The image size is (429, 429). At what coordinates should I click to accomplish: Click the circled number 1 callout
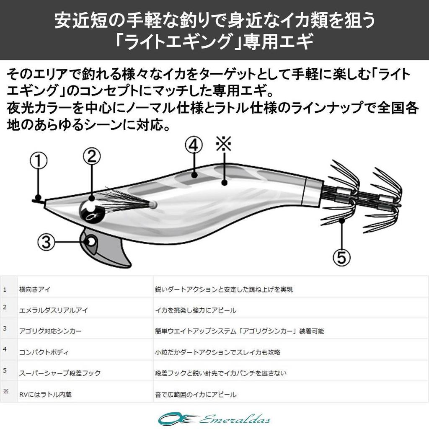(38, 161)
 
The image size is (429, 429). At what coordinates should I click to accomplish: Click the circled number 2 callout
(92, 157)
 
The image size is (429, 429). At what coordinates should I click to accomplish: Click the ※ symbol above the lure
(223, 145)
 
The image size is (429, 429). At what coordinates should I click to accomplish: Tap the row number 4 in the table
(5, 349)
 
